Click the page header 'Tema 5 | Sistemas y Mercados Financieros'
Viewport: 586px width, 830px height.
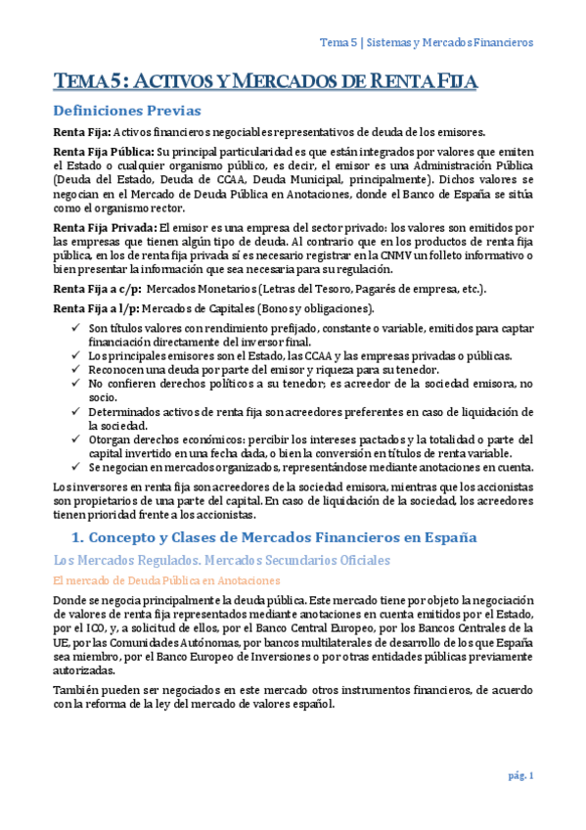tap(427, 43)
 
